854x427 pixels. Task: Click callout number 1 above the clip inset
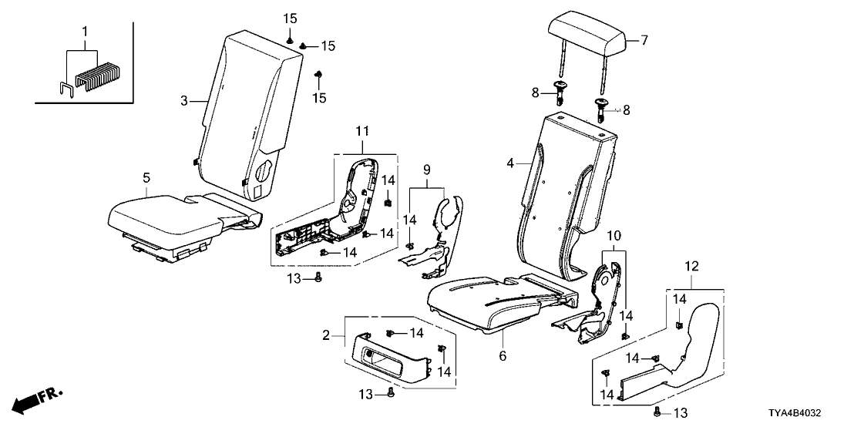click(86, 32)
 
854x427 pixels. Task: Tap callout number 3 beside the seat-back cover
click(184, 101)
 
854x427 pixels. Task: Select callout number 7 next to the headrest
click(644, 41)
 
